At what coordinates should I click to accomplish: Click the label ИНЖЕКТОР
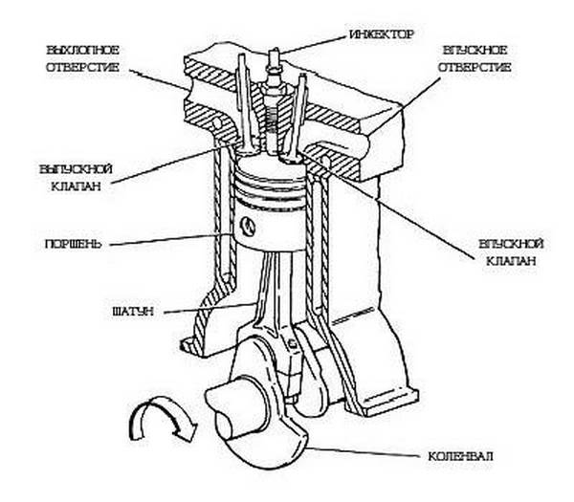[x=382, y=34]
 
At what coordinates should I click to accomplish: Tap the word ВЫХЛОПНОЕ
[x=79, y=49]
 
